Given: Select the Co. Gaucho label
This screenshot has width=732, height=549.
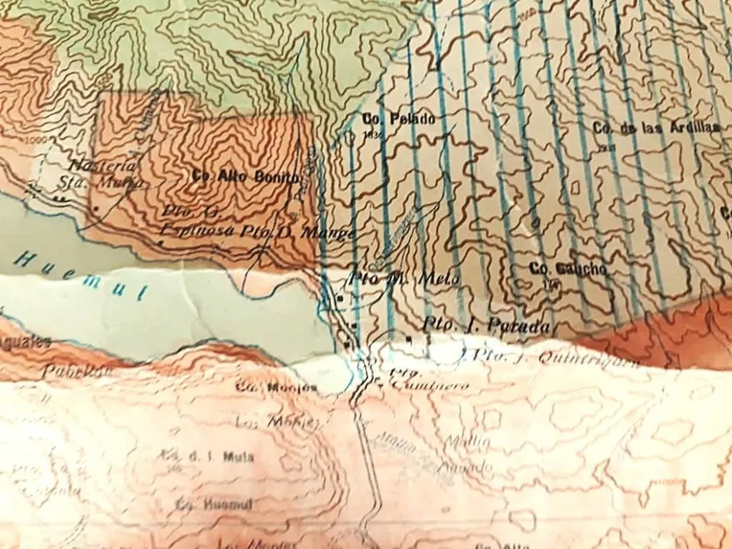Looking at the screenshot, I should [568, 269].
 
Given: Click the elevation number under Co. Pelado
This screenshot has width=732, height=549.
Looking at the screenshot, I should [371, 135].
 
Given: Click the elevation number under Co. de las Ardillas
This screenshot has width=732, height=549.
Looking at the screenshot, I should [610, 145].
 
